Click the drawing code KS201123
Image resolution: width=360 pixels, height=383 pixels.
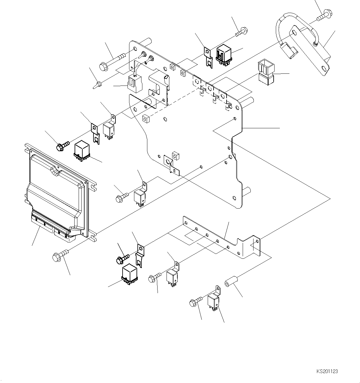tap(327, 371)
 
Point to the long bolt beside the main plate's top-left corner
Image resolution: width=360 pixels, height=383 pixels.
tap(111, 61)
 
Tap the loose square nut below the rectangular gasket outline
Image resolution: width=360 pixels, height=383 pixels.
tap(145, 119)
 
